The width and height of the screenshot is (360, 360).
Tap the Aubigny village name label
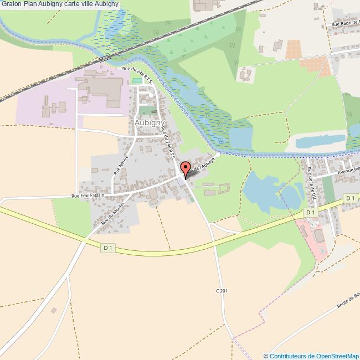click(147, 121)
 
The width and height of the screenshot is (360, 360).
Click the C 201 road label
click(222, 291)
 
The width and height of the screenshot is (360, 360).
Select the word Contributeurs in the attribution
click(289, 356)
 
